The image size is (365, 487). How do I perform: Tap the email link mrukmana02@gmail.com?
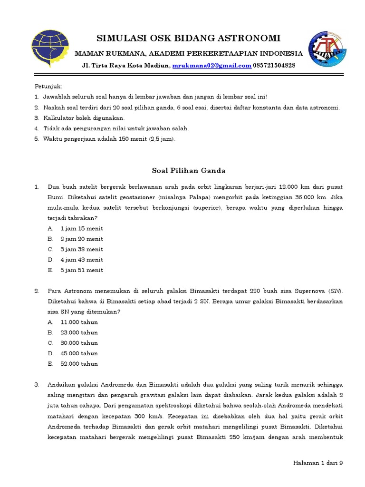pos(211,66)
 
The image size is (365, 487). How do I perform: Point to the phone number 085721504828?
pos(274,66)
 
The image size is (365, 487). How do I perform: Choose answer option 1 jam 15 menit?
pos(82,229)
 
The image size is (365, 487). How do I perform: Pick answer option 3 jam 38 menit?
pos(82,250)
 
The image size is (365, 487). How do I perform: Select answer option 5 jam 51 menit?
pos(82,271)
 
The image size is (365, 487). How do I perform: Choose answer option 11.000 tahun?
pos(79,322)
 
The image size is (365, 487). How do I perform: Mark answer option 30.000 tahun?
pos(79,343)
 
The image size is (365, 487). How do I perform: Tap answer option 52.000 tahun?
pos(79,364)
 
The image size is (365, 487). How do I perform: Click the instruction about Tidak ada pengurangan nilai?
pos(116,128)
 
